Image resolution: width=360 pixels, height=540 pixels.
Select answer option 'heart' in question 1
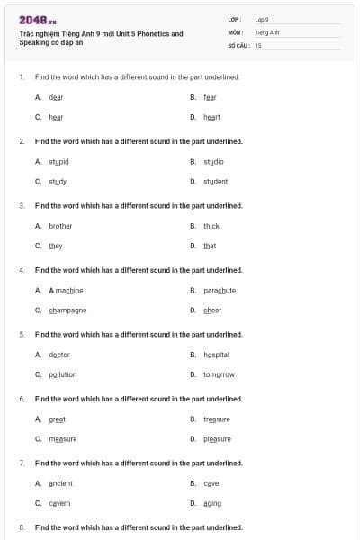[x=211, y=117]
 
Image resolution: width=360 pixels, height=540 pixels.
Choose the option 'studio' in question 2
[x=213, y=162]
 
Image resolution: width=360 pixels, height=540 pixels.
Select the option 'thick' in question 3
[x=211, y=226]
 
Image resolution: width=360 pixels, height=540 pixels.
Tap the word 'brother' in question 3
[x=60, y=226]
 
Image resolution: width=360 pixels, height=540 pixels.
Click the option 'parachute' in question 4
[x=220, y=291]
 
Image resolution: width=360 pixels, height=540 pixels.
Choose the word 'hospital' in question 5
[x=216, y=355]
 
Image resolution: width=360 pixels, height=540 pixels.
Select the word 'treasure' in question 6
[x=217, y=419]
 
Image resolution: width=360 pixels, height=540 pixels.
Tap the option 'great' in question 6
[x=57, y=419]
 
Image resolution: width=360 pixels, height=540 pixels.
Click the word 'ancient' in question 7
[x=60, y=483]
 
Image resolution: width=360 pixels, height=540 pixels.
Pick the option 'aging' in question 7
[x=212, y=503]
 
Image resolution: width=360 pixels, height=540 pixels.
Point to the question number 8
[x=22, y=527]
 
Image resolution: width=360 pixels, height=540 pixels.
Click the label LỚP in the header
[x=235, y=19]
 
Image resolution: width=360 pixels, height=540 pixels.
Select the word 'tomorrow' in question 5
[x=219, y=374]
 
